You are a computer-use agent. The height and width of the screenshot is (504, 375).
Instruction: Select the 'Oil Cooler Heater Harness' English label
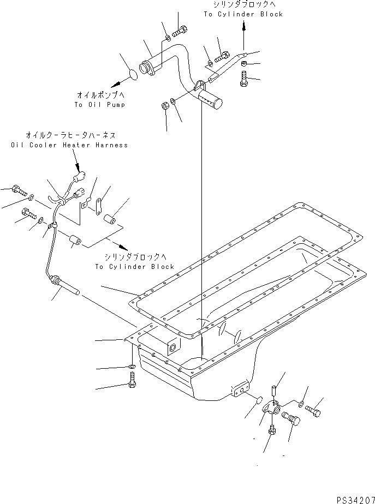click(x=69, y=145)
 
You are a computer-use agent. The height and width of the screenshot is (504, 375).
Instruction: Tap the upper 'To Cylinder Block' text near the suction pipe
click(x=243, y=14)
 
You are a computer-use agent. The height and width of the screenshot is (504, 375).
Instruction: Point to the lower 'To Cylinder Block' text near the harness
click(x=134, y=267)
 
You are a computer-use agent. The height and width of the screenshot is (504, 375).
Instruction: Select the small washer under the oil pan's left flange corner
click(x=132, y=366)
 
